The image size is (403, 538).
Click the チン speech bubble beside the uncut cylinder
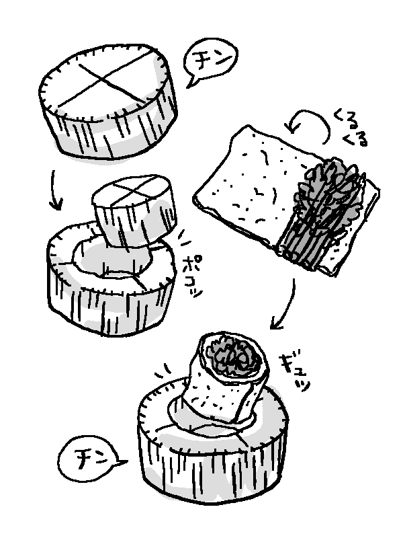click(x=210, y=63)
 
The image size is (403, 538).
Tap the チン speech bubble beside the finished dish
click(x=90, y=460)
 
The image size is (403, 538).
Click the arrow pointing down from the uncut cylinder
click(x=55, y=190)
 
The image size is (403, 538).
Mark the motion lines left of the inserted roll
click(x=164, y=370)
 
